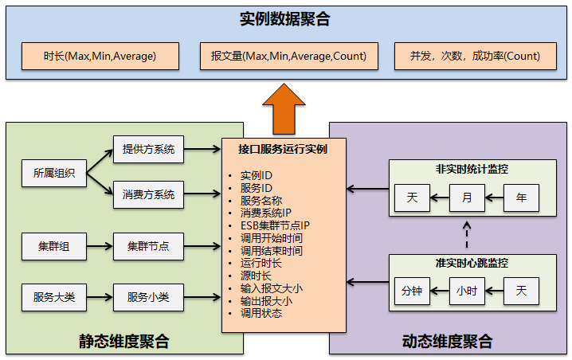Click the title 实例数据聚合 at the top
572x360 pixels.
tap(284, 20)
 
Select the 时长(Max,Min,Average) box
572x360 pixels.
tap(100, 56)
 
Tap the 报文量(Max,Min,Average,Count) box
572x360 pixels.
tap(284, 56)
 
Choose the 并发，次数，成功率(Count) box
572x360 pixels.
tap(475, 56)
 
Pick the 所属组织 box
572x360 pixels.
tap(54, 172)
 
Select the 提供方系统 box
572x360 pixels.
tap(148, 149)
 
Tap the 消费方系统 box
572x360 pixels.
tap(148, 194)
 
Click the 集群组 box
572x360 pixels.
tap(54, 246)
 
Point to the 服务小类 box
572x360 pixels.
tap(148, 297)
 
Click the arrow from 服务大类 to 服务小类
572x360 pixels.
tap(100, 297)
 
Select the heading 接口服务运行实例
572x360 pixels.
tap(282, 148)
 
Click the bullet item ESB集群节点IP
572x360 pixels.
tap(275, 225)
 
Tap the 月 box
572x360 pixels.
tap(467, 197)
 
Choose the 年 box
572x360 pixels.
tap(521, 197)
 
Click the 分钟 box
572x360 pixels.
tap(412, 291)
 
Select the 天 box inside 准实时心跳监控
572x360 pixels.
tap(521, 291)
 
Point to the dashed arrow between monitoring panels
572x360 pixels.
tap(467, 235)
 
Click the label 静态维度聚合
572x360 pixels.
tap(123, 342)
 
